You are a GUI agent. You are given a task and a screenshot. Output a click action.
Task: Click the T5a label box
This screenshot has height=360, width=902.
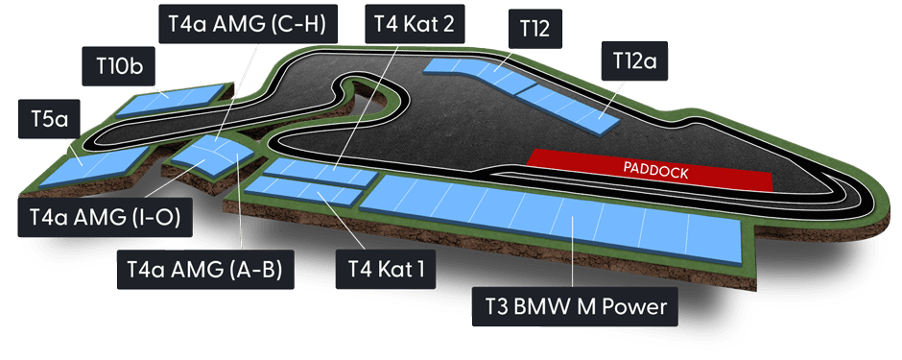[47, 119]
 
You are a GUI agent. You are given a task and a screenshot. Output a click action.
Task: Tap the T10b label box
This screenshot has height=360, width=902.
[119, 67]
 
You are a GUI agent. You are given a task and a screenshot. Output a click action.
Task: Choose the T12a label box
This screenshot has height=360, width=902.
[633, 61]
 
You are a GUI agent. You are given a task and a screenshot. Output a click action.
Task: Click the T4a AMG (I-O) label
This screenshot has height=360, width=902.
[106, 219]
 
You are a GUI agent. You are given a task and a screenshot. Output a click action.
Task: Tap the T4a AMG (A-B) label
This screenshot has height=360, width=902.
[203, 268]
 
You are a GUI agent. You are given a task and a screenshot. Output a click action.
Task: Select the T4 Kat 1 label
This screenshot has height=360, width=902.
[380, 268]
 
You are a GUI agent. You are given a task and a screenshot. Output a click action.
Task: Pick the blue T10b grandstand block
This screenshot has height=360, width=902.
[168, 98]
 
